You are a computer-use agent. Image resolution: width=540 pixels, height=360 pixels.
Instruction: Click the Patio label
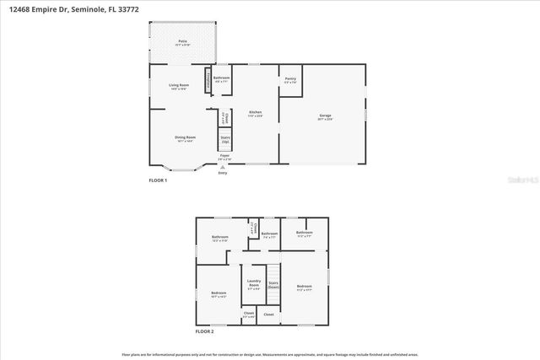tap(182, 41)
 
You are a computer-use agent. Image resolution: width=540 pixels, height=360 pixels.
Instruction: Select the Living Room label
tap(179, 85)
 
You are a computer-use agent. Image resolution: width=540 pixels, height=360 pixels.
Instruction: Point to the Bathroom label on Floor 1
tap(222, 78)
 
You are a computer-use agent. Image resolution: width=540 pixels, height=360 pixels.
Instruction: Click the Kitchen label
tap(255, 113)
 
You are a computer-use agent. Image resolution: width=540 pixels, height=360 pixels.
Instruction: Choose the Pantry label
tap(290, 80)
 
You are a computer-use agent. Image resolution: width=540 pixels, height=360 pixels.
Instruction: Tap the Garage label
tap(325, 116)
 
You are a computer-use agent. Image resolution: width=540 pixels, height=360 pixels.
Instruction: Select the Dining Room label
tap(185, 137)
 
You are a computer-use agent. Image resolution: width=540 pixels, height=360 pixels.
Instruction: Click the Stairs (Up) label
tap(225, 138)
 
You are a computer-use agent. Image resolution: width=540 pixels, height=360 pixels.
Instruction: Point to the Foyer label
tap(224, 157)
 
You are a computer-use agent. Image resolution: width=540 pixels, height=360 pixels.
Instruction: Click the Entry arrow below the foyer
tap(223, 167)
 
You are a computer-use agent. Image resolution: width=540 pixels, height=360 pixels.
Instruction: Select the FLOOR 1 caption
tap(158, 181)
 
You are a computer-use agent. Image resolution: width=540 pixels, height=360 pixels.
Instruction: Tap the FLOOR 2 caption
tap(205, 332)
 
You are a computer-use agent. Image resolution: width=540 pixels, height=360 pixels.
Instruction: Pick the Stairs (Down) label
tap(273, 286)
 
